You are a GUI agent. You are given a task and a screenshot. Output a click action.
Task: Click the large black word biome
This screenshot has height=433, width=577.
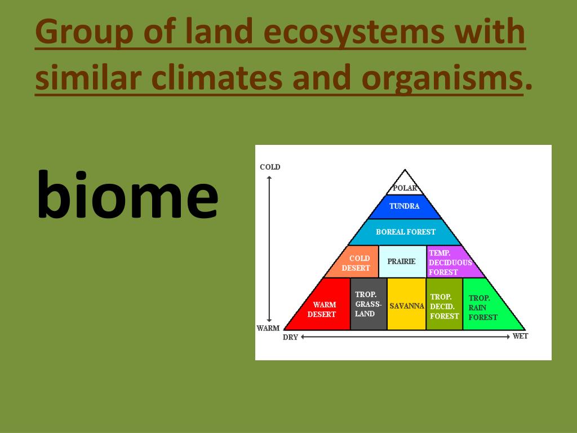pos(128,195)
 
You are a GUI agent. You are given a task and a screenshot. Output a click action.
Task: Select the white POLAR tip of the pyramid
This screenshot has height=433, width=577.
pos(405,184)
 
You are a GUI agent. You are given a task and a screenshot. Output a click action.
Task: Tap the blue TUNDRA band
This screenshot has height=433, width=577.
pos(405,206)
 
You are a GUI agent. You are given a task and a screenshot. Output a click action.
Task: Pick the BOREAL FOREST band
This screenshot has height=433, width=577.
pos(405,232)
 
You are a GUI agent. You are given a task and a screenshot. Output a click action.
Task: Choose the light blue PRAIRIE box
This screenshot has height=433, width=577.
pos(402,262)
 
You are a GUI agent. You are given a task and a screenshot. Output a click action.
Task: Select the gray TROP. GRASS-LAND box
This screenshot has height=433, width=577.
pos(369,304)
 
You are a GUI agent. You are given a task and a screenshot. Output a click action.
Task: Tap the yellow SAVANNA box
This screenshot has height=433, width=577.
pos(407,304)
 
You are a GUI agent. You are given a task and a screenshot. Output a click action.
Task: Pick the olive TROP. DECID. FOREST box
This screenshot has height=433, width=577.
pos(445,304)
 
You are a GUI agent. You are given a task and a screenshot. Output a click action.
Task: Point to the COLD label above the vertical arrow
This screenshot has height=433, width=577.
pos(270,167)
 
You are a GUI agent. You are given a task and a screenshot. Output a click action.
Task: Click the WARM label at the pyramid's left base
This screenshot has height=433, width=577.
pos(268,328)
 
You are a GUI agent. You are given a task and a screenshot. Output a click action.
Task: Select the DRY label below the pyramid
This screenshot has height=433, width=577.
pos(290,337)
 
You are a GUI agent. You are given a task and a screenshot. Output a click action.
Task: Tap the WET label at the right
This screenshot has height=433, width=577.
pos(520,336)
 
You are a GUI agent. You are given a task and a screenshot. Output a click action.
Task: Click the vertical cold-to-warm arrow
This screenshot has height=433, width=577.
pos(269,249)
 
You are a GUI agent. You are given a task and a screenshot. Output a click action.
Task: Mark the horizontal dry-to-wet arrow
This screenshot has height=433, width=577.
pos(405,337)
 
